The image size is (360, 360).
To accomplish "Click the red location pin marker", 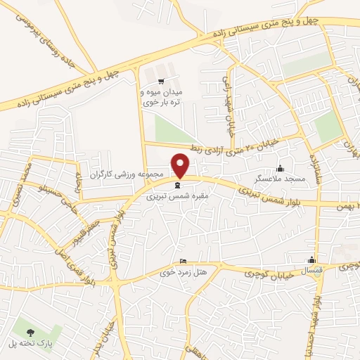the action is [181, 165].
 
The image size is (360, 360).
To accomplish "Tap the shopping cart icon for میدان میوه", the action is [162, 82].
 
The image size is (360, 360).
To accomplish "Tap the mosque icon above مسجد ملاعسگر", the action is [281, 167].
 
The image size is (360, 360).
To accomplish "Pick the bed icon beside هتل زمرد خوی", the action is [184, 260].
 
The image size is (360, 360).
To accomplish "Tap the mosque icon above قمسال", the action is [313, 259].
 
